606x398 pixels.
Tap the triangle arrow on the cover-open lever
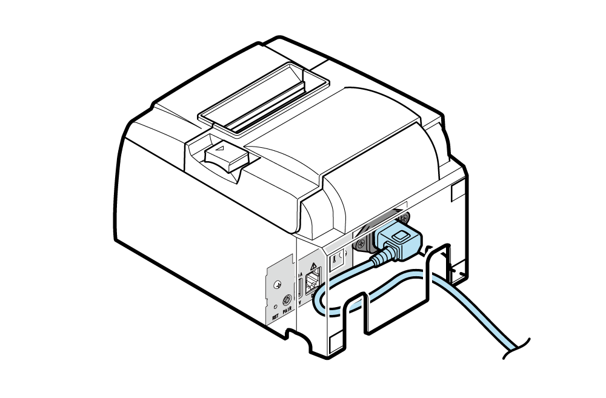[221, 147]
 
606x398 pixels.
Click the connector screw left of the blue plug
[362, 244]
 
